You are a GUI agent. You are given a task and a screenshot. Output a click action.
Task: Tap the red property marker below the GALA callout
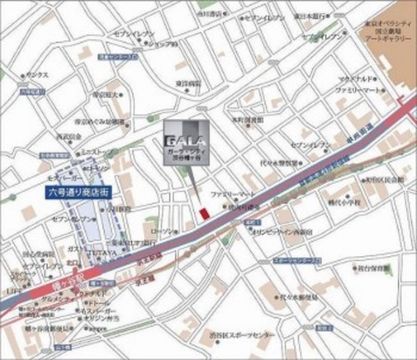click(x=203, y=214)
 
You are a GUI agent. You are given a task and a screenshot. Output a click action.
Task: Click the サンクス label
click(x=37, y=75)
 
